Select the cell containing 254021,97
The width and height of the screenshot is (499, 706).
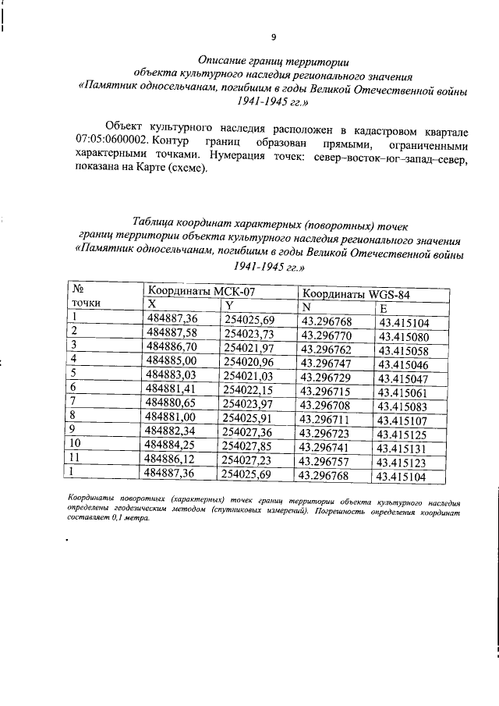pyautogui.click(x=249, y=348)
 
